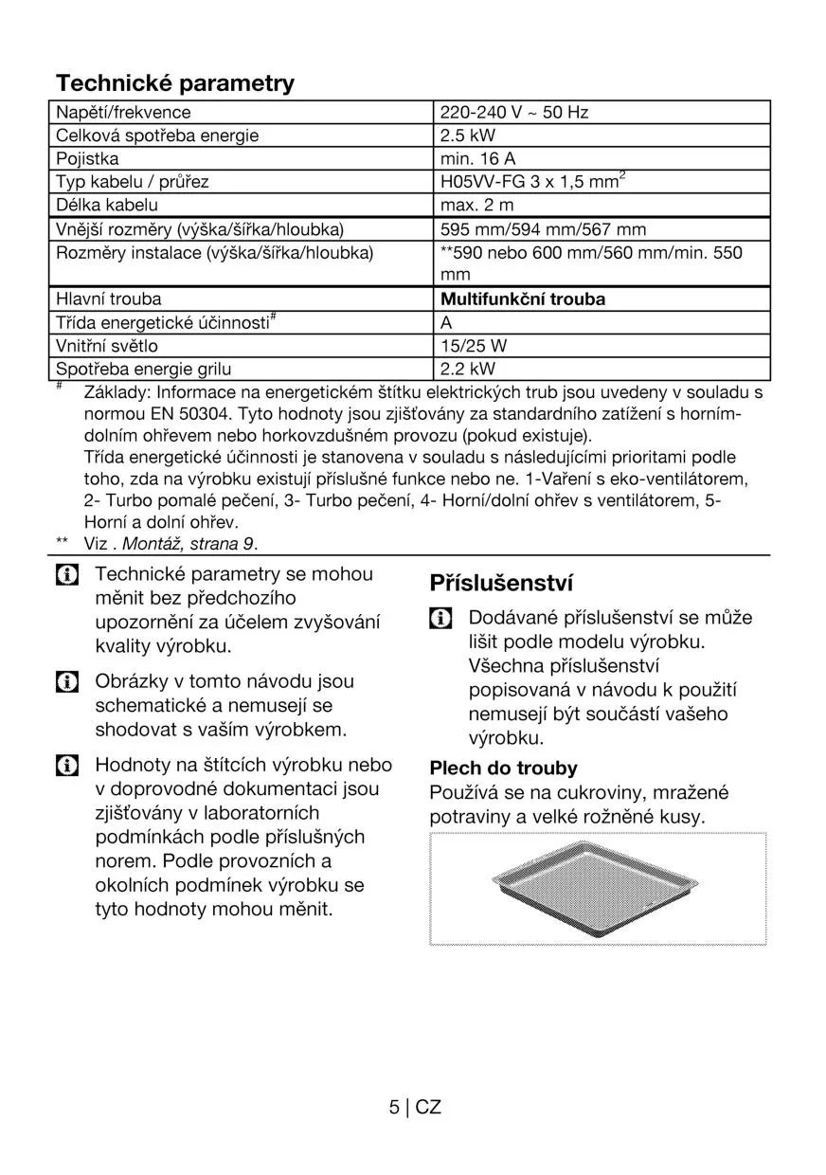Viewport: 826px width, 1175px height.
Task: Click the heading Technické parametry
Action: pos(175,83)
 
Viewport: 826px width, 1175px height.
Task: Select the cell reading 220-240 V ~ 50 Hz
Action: pos(514,113)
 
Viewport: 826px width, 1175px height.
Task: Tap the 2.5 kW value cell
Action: pos(468,136)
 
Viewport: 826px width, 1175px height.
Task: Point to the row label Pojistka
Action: pos(87,159)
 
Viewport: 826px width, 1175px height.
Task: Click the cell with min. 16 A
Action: pos(478,159)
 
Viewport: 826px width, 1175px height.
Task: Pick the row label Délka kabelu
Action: pos(107,206)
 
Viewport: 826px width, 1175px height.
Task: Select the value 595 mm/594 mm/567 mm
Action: pos(544,229)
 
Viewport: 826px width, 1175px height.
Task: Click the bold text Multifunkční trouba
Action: pos(523,299)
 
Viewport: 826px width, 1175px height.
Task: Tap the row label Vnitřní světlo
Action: pos(107,346)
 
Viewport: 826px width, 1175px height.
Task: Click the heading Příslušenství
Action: pos(501,582)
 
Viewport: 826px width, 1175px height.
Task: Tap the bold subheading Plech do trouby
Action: pos(503,768)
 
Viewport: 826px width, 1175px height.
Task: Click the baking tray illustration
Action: pos(598,888)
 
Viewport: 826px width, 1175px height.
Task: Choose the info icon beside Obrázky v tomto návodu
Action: pos(66,682)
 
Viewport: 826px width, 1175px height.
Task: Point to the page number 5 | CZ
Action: pos(415,1107)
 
